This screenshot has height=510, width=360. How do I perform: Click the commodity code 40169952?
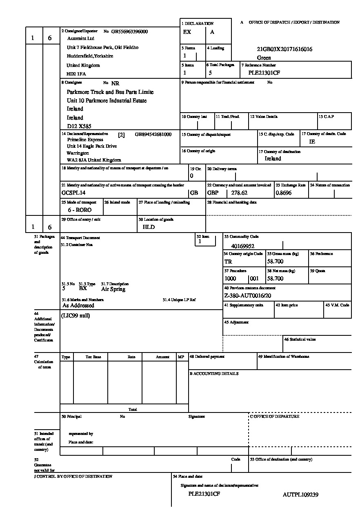(243, 246)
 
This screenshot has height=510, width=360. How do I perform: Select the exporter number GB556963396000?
(129, 31)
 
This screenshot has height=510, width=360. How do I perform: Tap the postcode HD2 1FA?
(76, 74)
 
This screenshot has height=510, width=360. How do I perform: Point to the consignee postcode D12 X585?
(79, 126)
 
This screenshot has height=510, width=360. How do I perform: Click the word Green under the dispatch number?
(264, 58)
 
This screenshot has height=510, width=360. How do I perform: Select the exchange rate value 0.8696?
(284, 193)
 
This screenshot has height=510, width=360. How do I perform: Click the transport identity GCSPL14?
(73, 193)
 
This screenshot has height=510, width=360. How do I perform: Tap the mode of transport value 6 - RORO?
(80, 210)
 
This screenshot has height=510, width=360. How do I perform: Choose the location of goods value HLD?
(149, 227)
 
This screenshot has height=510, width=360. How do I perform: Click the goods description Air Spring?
(113, 289)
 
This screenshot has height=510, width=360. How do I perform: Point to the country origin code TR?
(228, 262)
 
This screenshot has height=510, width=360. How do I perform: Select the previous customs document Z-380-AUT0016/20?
(248, 295)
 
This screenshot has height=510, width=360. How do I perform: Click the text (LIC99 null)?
(76, 315)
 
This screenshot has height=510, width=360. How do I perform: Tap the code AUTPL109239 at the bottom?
(300, 494)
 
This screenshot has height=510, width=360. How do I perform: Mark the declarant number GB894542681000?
(153, 134)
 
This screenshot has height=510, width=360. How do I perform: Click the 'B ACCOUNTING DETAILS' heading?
(214, 374)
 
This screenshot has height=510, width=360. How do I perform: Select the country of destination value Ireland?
(273, 159)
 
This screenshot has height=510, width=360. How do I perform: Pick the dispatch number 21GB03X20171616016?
(284, 49)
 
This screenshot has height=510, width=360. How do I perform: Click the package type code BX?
(83, 288)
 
